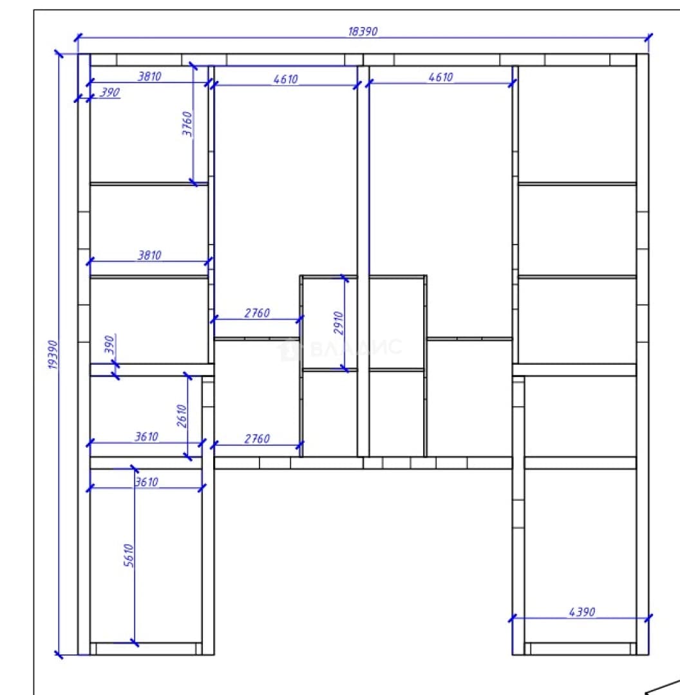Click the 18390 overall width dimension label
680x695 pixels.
pos(363,32)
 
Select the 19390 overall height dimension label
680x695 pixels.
pos(53,355)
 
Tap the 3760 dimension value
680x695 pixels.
pos(187,124)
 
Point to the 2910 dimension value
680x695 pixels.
pos(339,322)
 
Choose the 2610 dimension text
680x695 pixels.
pos(182,416)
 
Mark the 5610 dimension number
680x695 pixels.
pos(129,555)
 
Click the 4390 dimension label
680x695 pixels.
pos(581,612)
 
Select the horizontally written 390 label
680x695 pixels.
pos(109,92)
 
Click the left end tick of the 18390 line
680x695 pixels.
pos(78,37)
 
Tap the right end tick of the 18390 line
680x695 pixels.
pos(648,37)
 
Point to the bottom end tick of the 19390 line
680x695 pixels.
pos(59,654)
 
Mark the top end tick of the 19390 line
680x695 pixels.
pos(59,53)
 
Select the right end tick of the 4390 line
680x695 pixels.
pos(648,618)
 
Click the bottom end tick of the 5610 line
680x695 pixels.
pos(135,643)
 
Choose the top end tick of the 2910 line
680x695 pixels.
pos(345,278)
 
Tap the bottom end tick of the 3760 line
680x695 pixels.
pos(193,182)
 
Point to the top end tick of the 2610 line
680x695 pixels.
pos(187,376)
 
